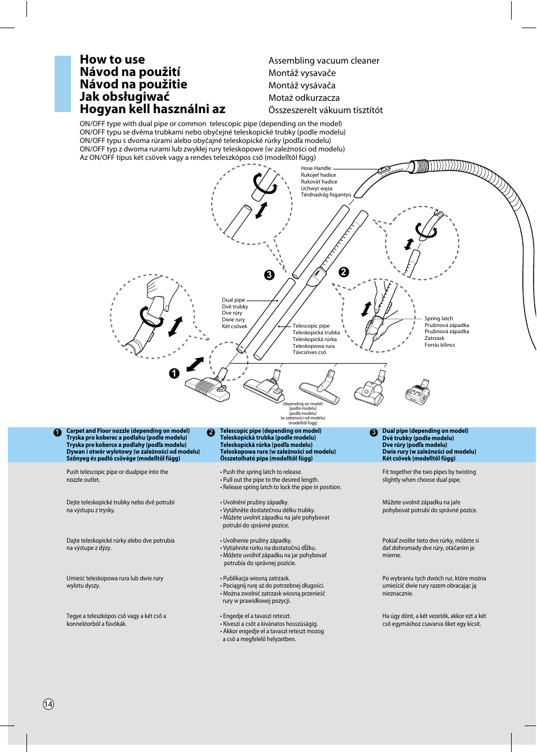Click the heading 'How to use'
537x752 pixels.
click(112, 60)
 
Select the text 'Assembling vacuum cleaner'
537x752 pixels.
click(324, 61)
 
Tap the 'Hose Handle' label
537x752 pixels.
click(316, 168)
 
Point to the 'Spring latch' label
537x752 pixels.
click(438, 319)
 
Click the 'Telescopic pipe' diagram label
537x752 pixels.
click(311, 326)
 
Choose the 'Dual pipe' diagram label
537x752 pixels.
click(233, 300)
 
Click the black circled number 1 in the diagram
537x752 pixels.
click(174, 373)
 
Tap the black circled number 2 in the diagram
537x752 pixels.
click(344, 272)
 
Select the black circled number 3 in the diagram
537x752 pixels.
click(270, 275)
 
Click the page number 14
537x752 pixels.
click(48, 704)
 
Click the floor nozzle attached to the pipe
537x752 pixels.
click(207, 388)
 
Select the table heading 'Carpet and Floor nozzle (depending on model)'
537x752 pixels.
click(128, 431)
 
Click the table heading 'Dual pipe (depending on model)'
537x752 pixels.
click(425, 431)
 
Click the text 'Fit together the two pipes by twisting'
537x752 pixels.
click(429, 472)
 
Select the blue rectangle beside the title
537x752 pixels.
click(62, 84)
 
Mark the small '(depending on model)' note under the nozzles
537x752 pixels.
click(303, 404)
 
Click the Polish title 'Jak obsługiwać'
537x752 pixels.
click(124, 97)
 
